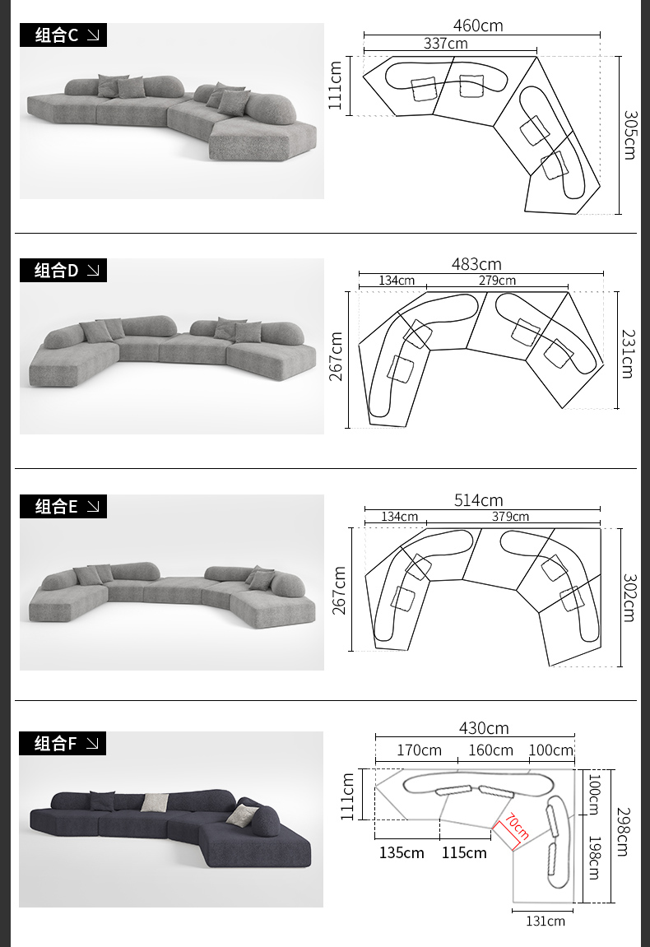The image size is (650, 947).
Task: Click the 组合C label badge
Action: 63,35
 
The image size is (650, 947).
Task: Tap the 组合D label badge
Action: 63,271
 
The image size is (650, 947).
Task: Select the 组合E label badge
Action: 63,506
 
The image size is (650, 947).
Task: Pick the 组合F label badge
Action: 63,744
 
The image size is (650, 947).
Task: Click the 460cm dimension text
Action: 478,26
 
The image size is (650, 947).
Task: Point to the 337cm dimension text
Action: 446,44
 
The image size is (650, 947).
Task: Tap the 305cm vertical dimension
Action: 629,135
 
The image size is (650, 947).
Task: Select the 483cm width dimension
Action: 476,265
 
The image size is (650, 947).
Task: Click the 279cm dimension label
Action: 497,281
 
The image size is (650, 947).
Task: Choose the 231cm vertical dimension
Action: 629,354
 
